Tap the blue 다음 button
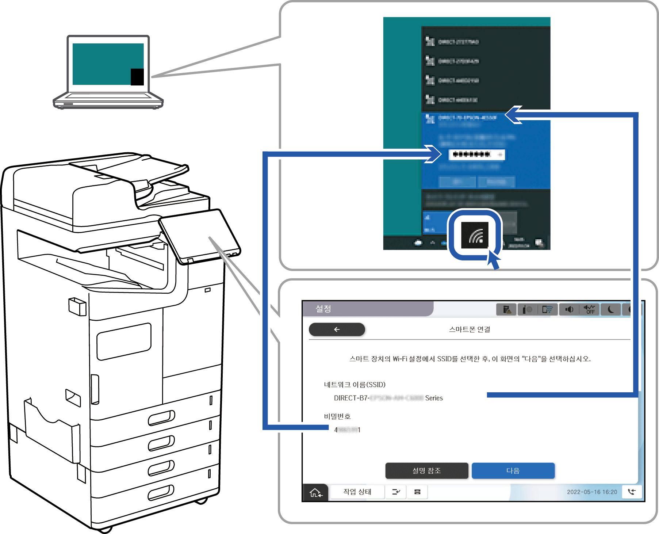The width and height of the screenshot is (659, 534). (x=513, y=470)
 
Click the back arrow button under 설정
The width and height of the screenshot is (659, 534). (x=337, y=329)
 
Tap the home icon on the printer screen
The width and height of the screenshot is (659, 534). (x=315, y=493)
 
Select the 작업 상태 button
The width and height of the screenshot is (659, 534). (x=357, y=492)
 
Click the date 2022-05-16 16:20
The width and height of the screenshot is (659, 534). (x=592, y=492)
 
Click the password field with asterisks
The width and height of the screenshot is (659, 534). (x=476, y=155)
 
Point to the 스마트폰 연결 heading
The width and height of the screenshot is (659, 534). (x=470, y=329)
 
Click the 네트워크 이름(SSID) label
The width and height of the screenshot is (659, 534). (x=355, y=385)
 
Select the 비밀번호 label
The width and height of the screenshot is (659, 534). (x=337, y=416)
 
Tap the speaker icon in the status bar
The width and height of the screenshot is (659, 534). (x=569, y=310)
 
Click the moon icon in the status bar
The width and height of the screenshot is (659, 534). (x=610, y=310)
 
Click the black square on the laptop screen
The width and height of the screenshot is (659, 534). (x=137, y=77)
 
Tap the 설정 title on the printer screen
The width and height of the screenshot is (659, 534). (x=323, y=309)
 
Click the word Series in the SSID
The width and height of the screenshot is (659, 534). (x=434, y=398)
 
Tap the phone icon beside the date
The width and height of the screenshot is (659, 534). (x=632, y=492)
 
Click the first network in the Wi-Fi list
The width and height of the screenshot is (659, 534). (x=458, y=42)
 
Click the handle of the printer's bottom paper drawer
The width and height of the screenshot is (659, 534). (x=161, y=493)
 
